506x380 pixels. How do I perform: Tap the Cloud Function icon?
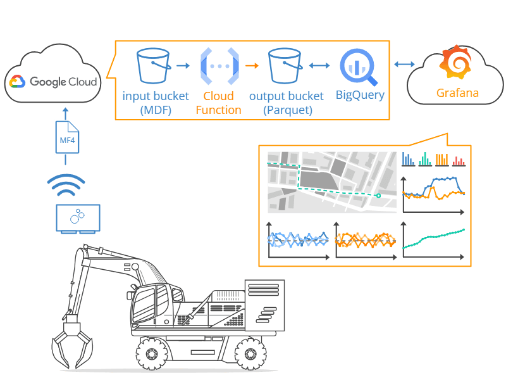tap(219, 66)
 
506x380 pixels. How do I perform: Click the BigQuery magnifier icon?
tap(358, 68)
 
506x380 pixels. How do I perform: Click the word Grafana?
tap(457, 94)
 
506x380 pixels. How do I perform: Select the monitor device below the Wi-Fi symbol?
tap(77, 218)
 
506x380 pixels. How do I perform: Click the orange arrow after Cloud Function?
tap(252, 65)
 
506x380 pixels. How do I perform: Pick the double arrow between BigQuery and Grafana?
tap(403, 65)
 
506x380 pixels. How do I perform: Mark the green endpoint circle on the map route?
tap(378, 196)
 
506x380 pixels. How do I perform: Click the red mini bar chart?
tap(458, 159)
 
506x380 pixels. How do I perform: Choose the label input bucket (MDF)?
tap(156, 103)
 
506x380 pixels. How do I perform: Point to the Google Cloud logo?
tap(53, 82)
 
